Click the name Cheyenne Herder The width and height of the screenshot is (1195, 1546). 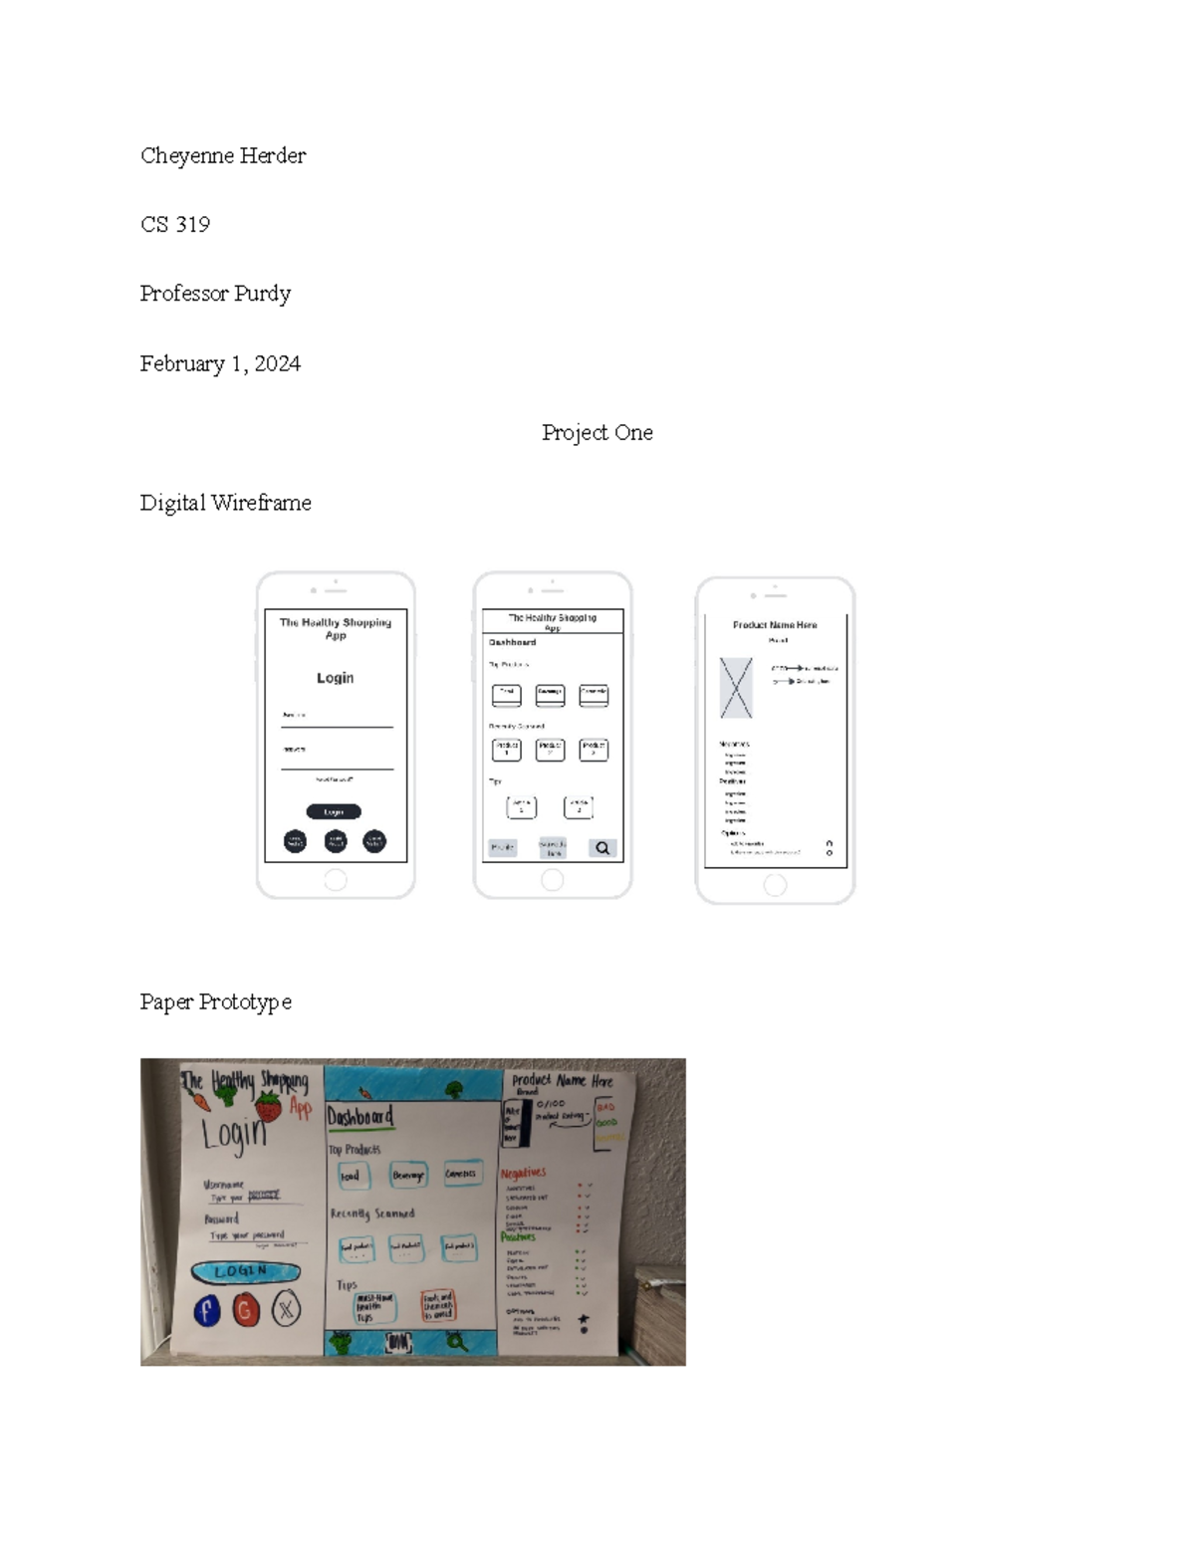click(223, 155)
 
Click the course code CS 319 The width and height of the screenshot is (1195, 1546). click(175, 225)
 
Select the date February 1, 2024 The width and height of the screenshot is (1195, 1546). click(220, 364)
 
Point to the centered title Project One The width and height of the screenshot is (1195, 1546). click(597, 433)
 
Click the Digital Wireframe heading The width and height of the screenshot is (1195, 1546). click(226, 503)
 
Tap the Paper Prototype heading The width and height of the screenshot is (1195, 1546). click(216, 1001)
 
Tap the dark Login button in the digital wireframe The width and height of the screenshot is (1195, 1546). click(334, 811)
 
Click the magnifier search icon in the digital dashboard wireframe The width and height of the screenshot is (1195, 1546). click(602, 848)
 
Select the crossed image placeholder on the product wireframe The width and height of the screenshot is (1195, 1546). click(736, 687)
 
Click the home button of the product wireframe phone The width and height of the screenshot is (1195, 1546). click(775, 885)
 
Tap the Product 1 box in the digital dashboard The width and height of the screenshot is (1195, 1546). click(506, 749)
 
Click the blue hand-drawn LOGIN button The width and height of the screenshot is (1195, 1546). click(245, 1271)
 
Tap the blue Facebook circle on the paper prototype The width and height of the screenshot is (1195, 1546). click(207, 1310)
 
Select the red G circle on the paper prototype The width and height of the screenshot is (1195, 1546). click(245, 1310)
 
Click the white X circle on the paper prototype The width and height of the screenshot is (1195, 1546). click(286, 1309)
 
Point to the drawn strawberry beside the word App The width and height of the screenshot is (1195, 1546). click(269, 1105)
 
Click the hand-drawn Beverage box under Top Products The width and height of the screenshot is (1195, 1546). click(408, 1176)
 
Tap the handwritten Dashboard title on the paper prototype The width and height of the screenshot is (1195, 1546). click(360, 1117)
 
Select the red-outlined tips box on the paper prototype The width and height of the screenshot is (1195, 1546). click(438, 1306)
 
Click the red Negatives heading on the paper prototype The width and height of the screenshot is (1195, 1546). click(523, 1173)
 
